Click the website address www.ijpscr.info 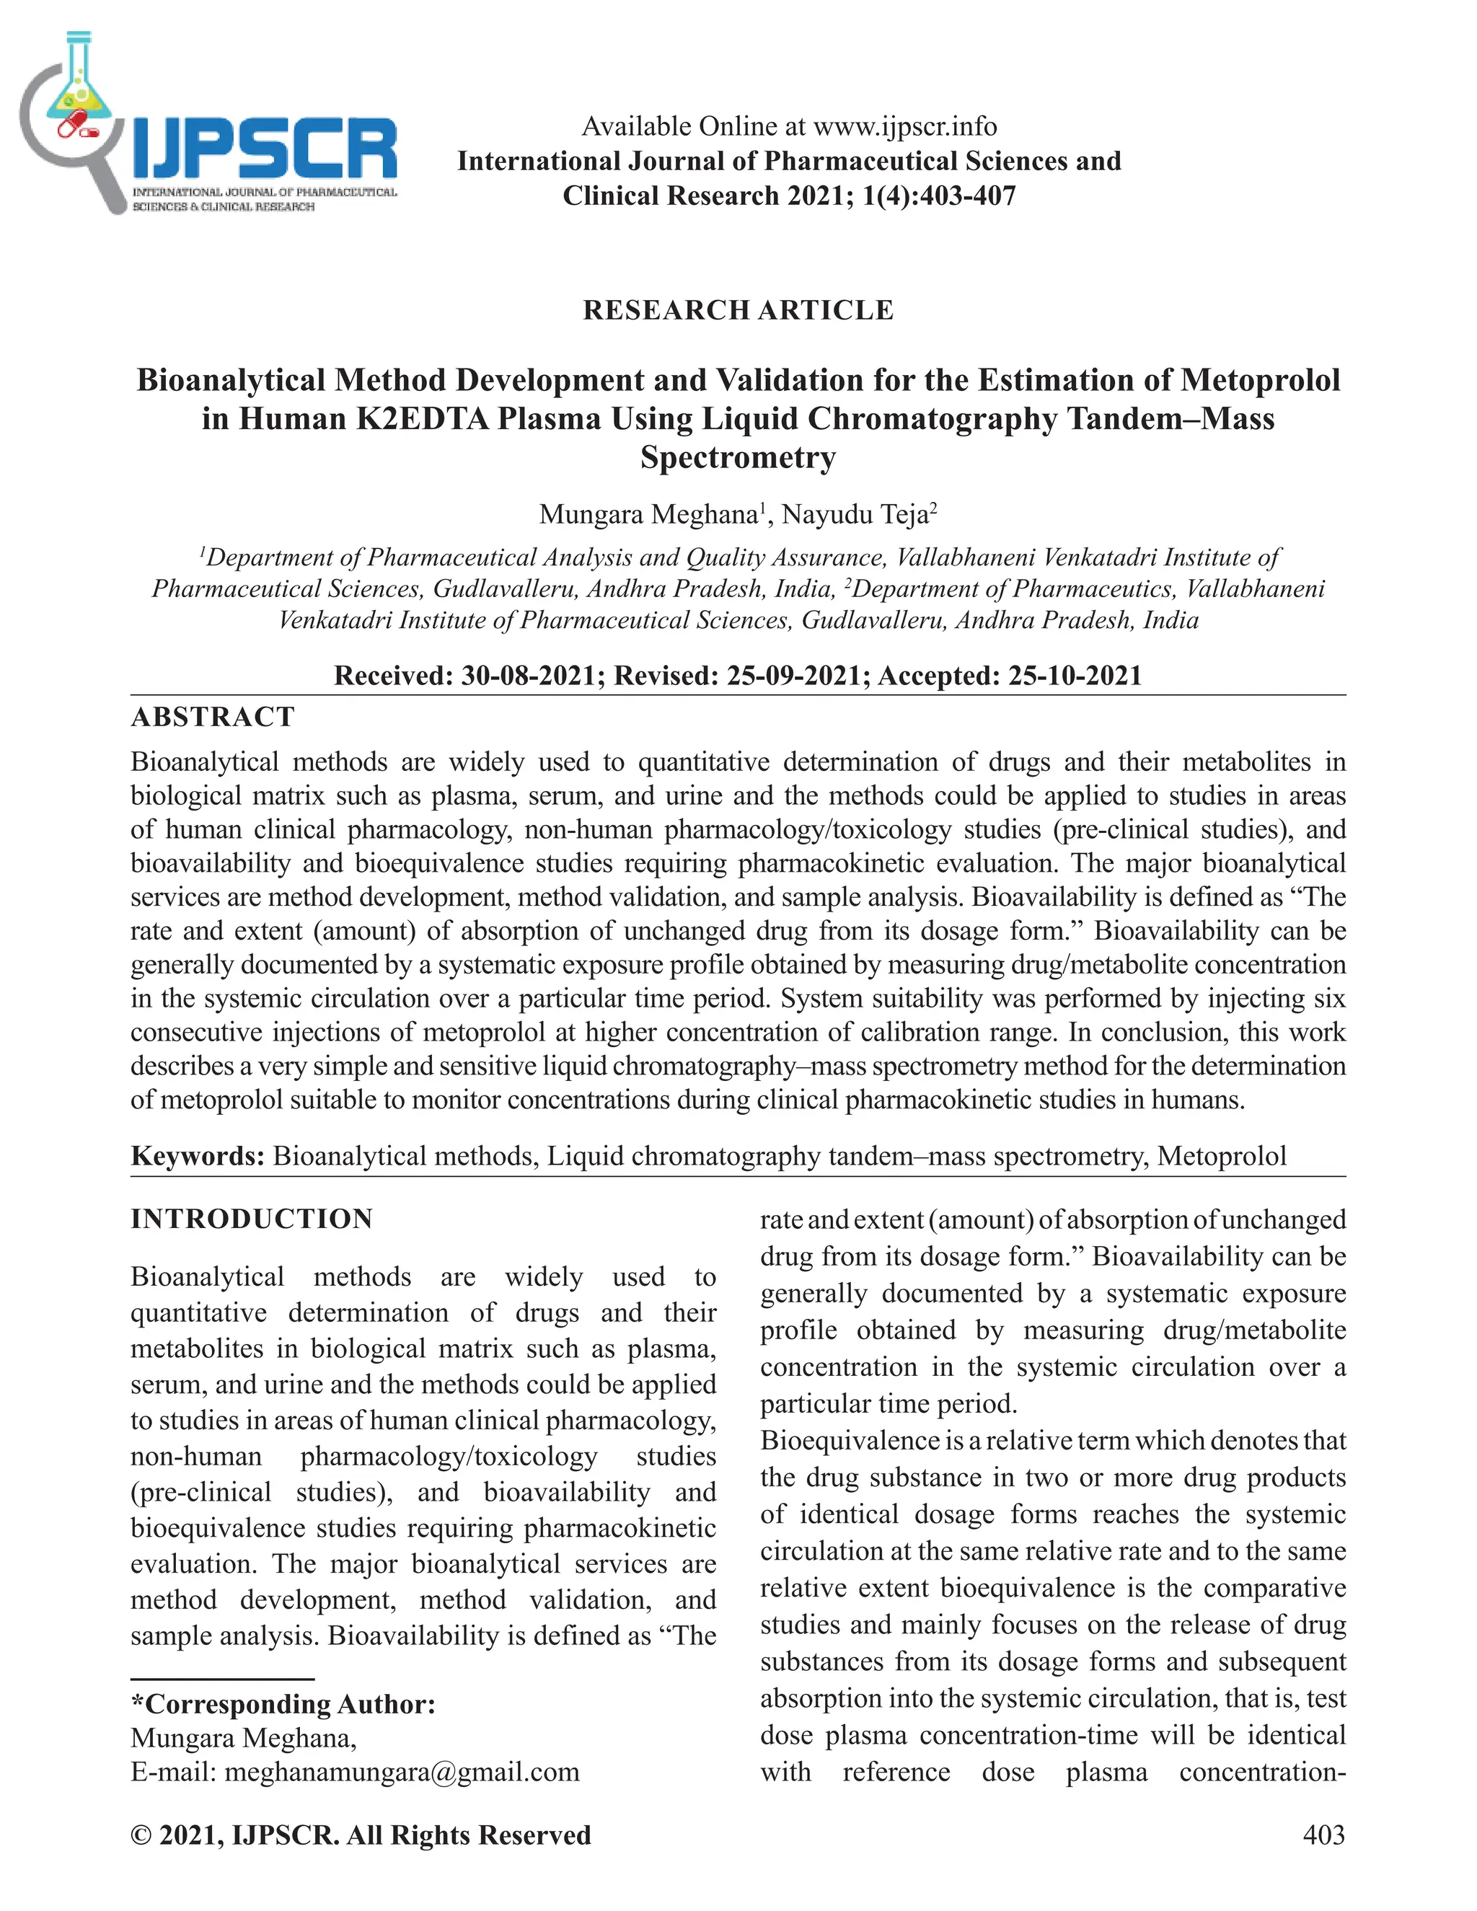click(x=905, y=127)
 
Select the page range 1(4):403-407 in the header click(x=939, y=195)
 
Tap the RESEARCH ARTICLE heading click(x=738, y=310)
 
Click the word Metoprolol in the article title click(x=1259, y=380)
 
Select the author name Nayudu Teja click(x=855, y=513)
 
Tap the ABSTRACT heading click(x=213, y=717)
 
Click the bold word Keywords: click(x=198, y=1156)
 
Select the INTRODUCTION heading click(x=252, y=1219)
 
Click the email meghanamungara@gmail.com click(x=402, y=1772)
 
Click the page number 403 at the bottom click(x=1323, y=1834)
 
